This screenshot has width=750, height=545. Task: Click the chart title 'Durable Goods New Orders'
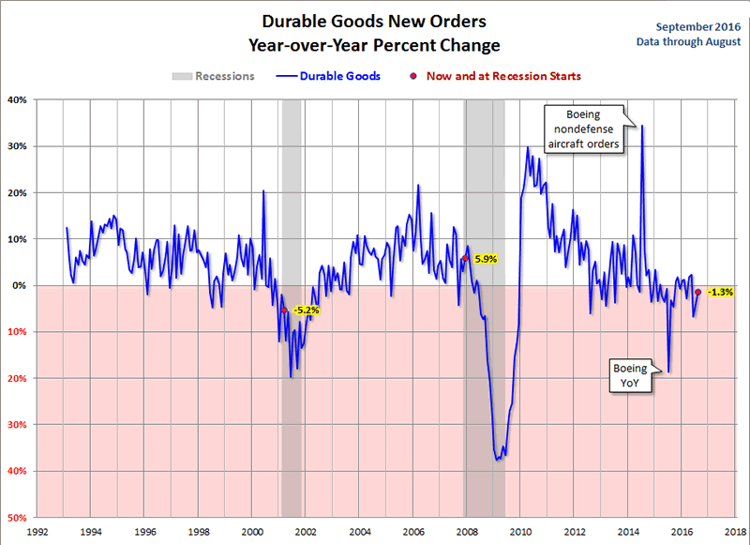(374, 21)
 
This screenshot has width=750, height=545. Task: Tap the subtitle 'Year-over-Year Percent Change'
(374, 44)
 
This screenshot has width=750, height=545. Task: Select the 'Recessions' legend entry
(224, 76)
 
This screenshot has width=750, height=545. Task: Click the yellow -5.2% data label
(307, 310)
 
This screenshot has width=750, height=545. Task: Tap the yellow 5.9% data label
(486, 258)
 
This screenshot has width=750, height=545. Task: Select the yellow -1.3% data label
(720, 292)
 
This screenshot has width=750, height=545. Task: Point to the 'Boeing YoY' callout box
(629, 375)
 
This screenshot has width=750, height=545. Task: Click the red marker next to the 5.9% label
(465, 258)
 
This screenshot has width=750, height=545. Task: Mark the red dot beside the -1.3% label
(697, 292)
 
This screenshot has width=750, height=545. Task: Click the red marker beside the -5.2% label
(284, 310)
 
